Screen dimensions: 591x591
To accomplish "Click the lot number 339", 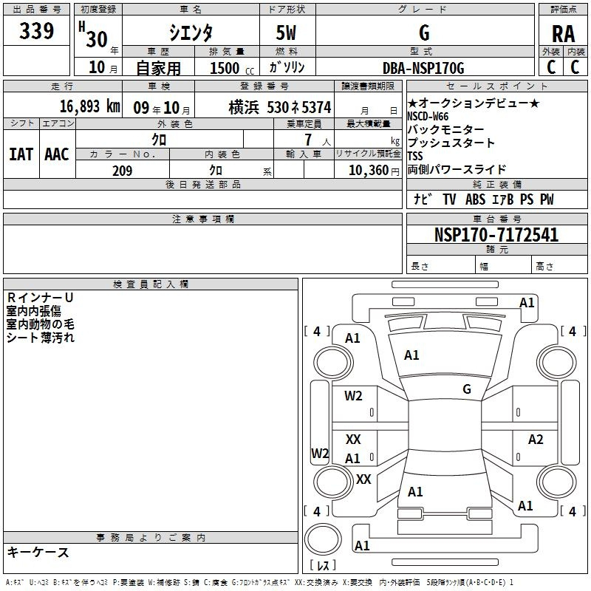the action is (x=36, y=30).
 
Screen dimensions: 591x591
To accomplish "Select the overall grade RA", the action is (x=563, y=34).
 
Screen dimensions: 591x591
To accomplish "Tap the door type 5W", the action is (x=286, y=33).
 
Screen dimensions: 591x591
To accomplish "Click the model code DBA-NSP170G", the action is (x=423, y=68).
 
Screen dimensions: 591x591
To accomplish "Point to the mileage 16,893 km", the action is (x=90, y=106).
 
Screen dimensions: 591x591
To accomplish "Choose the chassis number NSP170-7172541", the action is (x=496, y=235).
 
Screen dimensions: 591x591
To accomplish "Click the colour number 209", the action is (x=122, y=171).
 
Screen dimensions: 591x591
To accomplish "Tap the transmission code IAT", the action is (x=21, y=154).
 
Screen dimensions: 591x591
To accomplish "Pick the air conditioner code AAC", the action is (x=57, y=154).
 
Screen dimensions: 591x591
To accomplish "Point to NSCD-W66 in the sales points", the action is (x=428, y=117).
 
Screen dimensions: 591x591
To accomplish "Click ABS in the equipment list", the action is (x=475, y=199).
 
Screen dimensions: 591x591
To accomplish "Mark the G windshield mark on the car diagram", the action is (x=467, y=389).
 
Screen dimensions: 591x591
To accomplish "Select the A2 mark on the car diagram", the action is (x=535, y=439).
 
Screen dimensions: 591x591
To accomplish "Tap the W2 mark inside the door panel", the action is (x=353, y=396).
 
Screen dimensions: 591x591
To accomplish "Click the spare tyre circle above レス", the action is (x=323, y=539).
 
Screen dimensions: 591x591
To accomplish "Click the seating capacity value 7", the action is (x=308, y=140).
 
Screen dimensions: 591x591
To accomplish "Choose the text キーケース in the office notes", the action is (x=38, y=552).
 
